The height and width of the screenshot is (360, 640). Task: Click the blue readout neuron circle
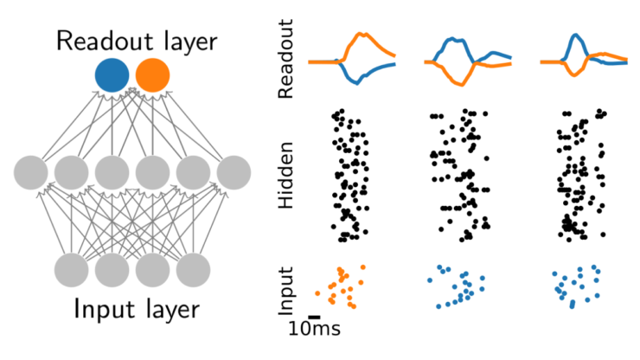[x=112, y=74]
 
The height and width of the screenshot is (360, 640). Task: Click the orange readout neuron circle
[x=153, y=74]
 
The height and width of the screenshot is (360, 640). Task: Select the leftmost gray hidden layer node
[x=32, y=172]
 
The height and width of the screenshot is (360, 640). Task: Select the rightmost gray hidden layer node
[x=234, y=172]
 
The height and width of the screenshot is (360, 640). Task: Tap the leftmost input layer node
[x=73, y=270]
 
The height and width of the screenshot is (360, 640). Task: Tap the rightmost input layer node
[x=194, y=270]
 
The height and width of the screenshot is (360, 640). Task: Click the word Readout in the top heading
[x=100, y=40]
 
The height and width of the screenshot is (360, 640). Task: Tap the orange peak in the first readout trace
[x=364, y=35]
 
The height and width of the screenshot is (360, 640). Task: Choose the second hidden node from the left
[x=73, y=172]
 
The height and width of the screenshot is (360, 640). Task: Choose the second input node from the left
[x=112, y=270]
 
